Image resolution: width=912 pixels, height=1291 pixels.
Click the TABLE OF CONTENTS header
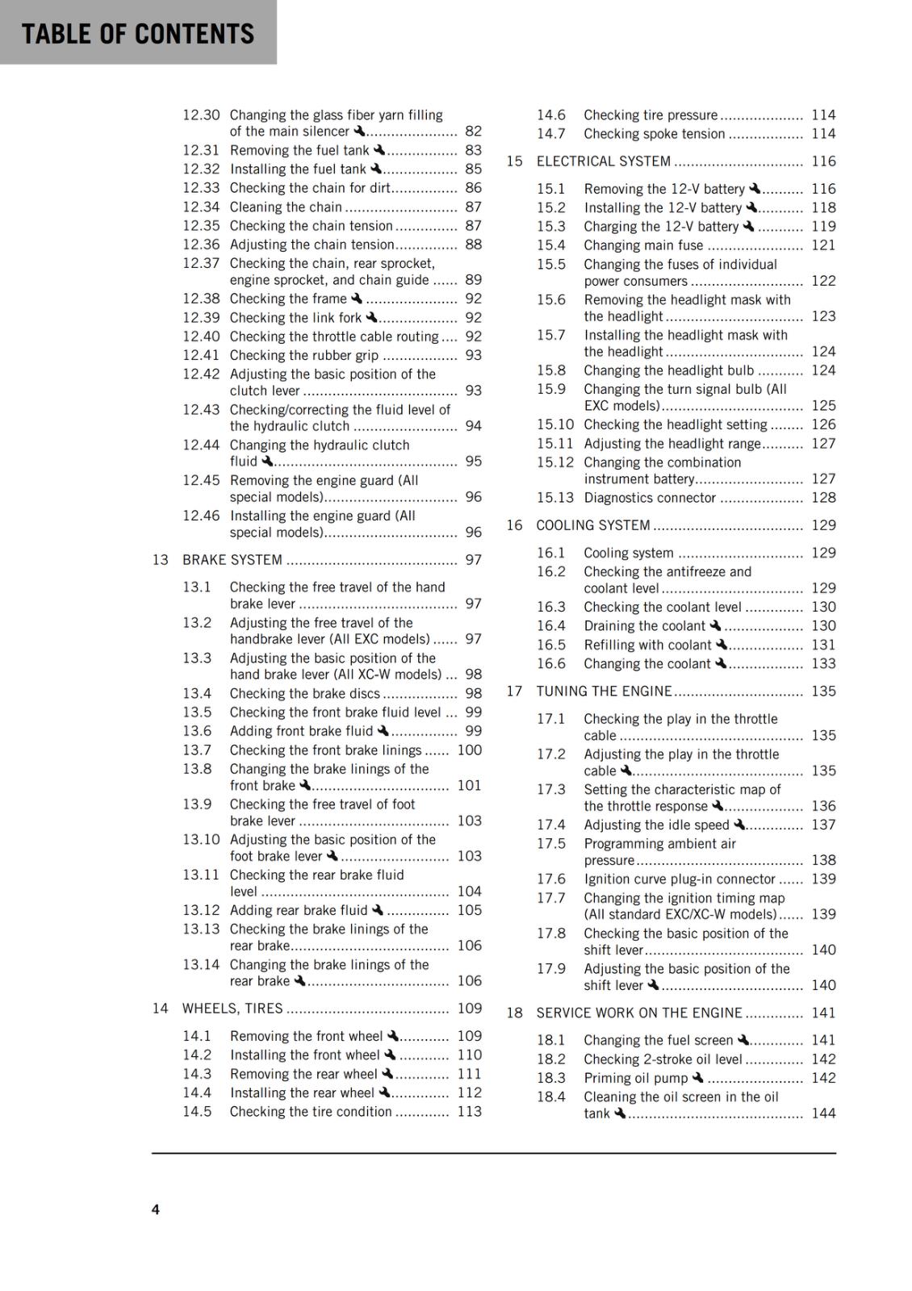[138, 34]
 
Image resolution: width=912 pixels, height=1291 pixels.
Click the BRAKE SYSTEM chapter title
[232, 560]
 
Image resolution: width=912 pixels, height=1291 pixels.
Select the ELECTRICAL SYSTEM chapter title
[603, 161]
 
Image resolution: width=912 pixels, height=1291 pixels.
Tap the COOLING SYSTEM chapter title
[593, 525]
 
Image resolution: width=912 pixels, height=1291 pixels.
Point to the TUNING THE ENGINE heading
[604, 691]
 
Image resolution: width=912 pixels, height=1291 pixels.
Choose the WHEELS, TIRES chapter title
[232, 1009]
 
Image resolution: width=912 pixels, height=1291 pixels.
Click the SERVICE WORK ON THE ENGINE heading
[639, 1013]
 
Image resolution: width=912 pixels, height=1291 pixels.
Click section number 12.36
[201, 244]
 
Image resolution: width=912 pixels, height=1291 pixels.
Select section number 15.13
[555, 498]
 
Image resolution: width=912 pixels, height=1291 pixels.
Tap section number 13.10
[201, 839]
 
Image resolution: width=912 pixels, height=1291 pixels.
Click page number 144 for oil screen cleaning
[823, 1113]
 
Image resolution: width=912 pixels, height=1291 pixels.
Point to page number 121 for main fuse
[823, 245]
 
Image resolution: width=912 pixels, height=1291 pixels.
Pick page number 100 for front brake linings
[469, 750]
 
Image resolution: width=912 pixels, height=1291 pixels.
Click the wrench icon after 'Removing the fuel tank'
[379, 150]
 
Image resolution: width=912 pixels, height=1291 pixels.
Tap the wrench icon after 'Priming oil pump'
[698, 1078]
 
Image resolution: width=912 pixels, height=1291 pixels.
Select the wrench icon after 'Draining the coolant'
[715, 625]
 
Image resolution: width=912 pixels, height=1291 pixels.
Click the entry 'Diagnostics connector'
[650, 498]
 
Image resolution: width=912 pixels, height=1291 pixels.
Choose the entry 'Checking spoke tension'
[654, 134]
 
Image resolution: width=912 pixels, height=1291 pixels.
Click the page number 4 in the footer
[156, 1210]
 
